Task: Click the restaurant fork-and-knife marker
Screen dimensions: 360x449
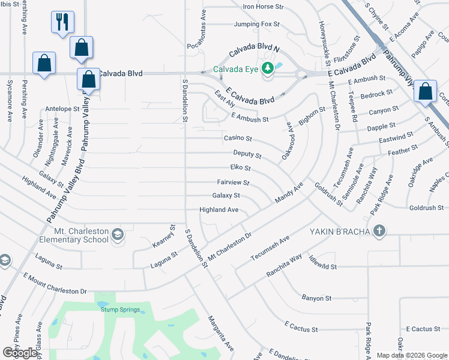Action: coord(62,22)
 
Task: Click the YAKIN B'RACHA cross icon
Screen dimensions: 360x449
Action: coord(379,231)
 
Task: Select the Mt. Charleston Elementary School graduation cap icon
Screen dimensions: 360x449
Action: coord(118,235)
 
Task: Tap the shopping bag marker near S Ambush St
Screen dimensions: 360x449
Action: coord(425,92)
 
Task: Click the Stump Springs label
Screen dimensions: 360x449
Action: coord(120,310)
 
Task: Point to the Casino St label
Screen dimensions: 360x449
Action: coord(238,138)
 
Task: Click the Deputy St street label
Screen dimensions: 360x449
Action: coord(247,154)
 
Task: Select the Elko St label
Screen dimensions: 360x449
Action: coord(240,168)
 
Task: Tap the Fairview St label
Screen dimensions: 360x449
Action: coord(233,182)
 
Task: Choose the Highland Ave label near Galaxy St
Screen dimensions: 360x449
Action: coord(219,209)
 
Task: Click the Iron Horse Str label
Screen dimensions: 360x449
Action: coord(262,7)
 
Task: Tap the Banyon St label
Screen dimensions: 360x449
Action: coord(316,298)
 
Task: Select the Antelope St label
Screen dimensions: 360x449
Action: coord(62,109)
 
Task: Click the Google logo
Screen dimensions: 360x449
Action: coord(21,352)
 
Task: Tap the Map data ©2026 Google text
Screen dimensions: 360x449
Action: coord(412,355)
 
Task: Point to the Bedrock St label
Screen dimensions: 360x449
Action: coord(377,93)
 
